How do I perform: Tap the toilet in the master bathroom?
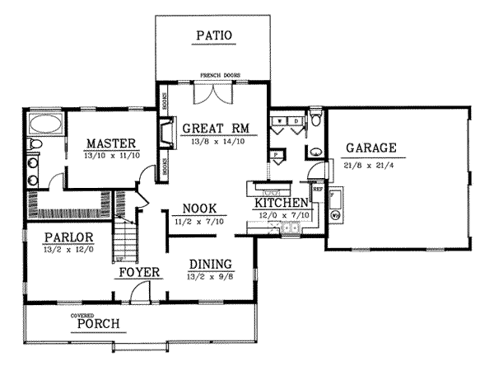point(32,146)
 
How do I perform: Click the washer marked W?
point(280,122)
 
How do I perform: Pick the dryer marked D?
point(294,122)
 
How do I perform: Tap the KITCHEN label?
point(281,203)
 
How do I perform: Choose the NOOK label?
point(200,209)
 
